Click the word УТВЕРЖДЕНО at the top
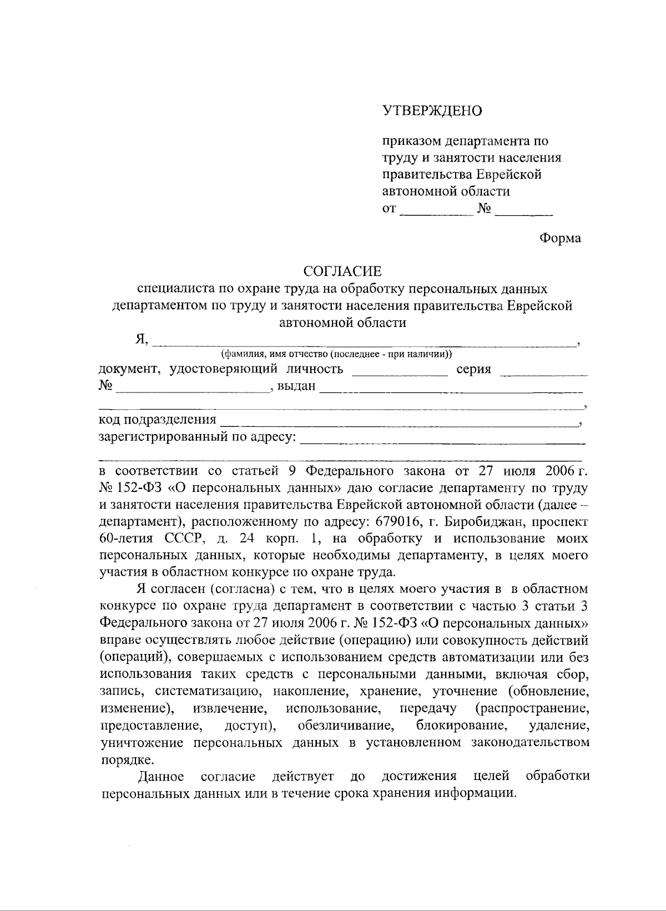coord(432,111)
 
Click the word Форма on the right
coord(561,238)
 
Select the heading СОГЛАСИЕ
coord(342,271)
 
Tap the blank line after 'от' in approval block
coord(435,212)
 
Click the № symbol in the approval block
coord(484,209)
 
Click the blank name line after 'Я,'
coord(364,343)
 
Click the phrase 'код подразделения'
coord(157,420)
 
